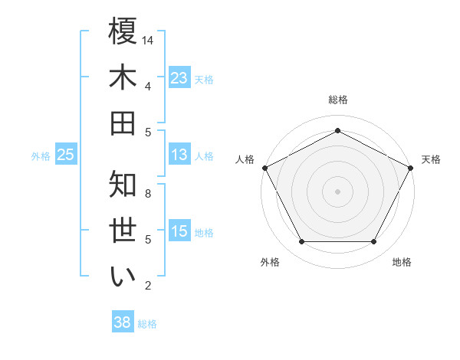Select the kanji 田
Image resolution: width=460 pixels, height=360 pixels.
[x=123, y=123]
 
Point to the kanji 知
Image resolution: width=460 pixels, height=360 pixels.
[x=123, y=185]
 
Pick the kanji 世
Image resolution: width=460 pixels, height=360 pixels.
[x=123, y=231]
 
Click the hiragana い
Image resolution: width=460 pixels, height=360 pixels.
[x=123, y=277]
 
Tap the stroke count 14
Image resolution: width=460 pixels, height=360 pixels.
[x=149, y=40]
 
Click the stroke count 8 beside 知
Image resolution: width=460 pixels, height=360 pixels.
[x=149, y=194]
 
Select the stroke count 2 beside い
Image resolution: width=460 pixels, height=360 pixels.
[x=149, y=286]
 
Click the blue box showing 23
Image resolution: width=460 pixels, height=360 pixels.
[x=179, y=77]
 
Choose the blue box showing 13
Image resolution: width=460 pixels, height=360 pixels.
[x=179, y=155]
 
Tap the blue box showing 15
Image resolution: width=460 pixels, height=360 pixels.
[x=179, y=231]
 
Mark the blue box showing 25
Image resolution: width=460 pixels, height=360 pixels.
[x=66, y=155]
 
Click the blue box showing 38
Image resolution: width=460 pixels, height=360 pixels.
[x=122, y=322]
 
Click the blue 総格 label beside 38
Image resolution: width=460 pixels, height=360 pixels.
[x=147, y=324]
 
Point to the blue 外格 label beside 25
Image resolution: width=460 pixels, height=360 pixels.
[x=41, y=156]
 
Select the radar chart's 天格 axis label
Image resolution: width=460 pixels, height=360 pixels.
[x=431, y=159]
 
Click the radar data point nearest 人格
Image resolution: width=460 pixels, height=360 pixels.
[x=264, y=167]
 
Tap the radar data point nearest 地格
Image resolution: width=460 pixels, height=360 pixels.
[x=374, y=242]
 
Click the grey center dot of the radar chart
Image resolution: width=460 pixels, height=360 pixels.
[x=337, y=191]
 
